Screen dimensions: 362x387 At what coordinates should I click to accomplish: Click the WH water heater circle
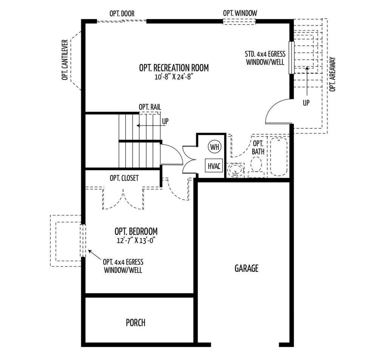point(214,147)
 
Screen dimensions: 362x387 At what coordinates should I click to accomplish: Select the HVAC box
point(214,166)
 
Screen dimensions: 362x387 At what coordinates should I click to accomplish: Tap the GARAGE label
point(246,268)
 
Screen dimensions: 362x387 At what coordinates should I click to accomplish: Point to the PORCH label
point(135,323)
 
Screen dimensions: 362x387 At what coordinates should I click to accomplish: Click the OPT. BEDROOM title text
point(136,231)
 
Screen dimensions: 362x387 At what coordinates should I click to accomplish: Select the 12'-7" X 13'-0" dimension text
point(136,240)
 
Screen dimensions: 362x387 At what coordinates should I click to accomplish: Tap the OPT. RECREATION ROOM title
point(174,68)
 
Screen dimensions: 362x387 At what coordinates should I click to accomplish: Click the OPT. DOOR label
point(122,14)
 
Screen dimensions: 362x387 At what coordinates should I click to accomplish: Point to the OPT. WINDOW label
point(240,13)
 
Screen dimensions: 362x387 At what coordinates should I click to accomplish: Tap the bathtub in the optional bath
point(279,157)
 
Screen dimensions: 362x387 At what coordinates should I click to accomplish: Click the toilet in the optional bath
point(257,166)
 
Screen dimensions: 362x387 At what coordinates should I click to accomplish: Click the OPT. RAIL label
point(150,107)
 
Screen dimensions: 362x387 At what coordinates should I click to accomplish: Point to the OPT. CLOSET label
point(124,178)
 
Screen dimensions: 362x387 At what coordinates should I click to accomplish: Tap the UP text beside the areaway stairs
point(306,103)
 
